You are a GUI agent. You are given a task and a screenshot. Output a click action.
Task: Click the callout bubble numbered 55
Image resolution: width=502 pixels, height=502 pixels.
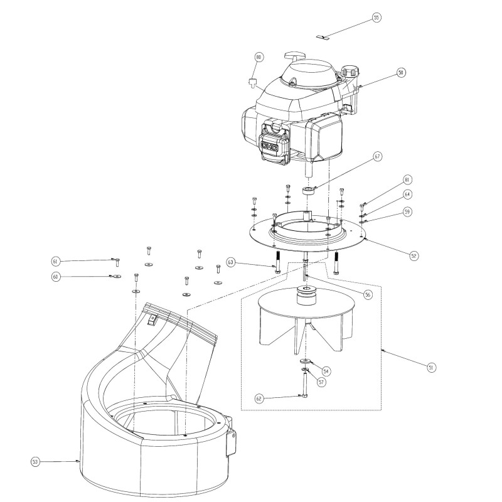coord(376,18)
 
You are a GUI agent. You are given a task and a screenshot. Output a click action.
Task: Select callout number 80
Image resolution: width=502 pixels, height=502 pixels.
coord(259,57)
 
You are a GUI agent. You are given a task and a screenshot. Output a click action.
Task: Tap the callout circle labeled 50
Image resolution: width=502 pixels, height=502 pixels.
coord(401,73)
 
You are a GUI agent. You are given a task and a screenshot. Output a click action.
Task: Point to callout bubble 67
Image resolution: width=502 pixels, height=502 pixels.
coord(378,156)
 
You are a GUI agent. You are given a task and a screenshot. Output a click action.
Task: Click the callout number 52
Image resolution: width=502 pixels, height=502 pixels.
coord(414,256)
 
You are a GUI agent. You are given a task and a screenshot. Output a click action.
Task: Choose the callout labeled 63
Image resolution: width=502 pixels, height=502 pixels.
coord(231,262)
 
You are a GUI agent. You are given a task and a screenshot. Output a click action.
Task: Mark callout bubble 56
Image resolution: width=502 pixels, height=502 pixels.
coord(368,294)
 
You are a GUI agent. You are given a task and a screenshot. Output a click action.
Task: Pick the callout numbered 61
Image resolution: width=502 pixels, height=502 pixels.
coord(56,262)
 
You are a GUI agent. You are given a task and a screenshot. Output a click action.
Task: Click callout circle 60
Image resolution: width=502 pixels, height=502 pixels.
coord(56,277)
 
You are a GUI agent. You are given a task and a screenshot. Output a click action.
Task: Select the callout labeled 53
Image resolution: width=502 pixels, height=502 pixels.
coord(35,462)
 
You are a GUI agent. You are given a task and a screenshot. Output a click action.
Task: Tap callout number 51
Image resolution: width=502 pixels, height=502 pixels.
coord(431,368)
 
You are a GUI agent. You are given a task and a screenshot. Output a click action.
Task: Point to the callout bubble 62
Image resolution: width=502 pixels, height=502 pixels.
coord(259,399)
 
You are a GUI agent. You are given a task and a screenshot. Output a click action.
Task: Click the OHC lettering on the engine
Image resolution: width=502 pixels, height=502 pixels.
coord(270,146)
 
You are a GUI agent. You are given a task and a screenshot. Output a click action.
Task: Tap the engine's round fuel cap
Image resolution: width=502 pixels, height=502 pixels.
coord(349,71)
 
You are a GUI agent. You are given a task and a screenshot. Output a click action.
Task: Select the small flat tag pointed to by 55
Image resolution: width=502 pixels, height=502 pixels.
coord(323,38)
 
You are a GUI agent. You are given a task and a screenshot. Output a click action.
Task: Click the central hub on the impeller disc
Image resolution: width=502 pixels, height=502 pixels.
coord(307,296)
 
